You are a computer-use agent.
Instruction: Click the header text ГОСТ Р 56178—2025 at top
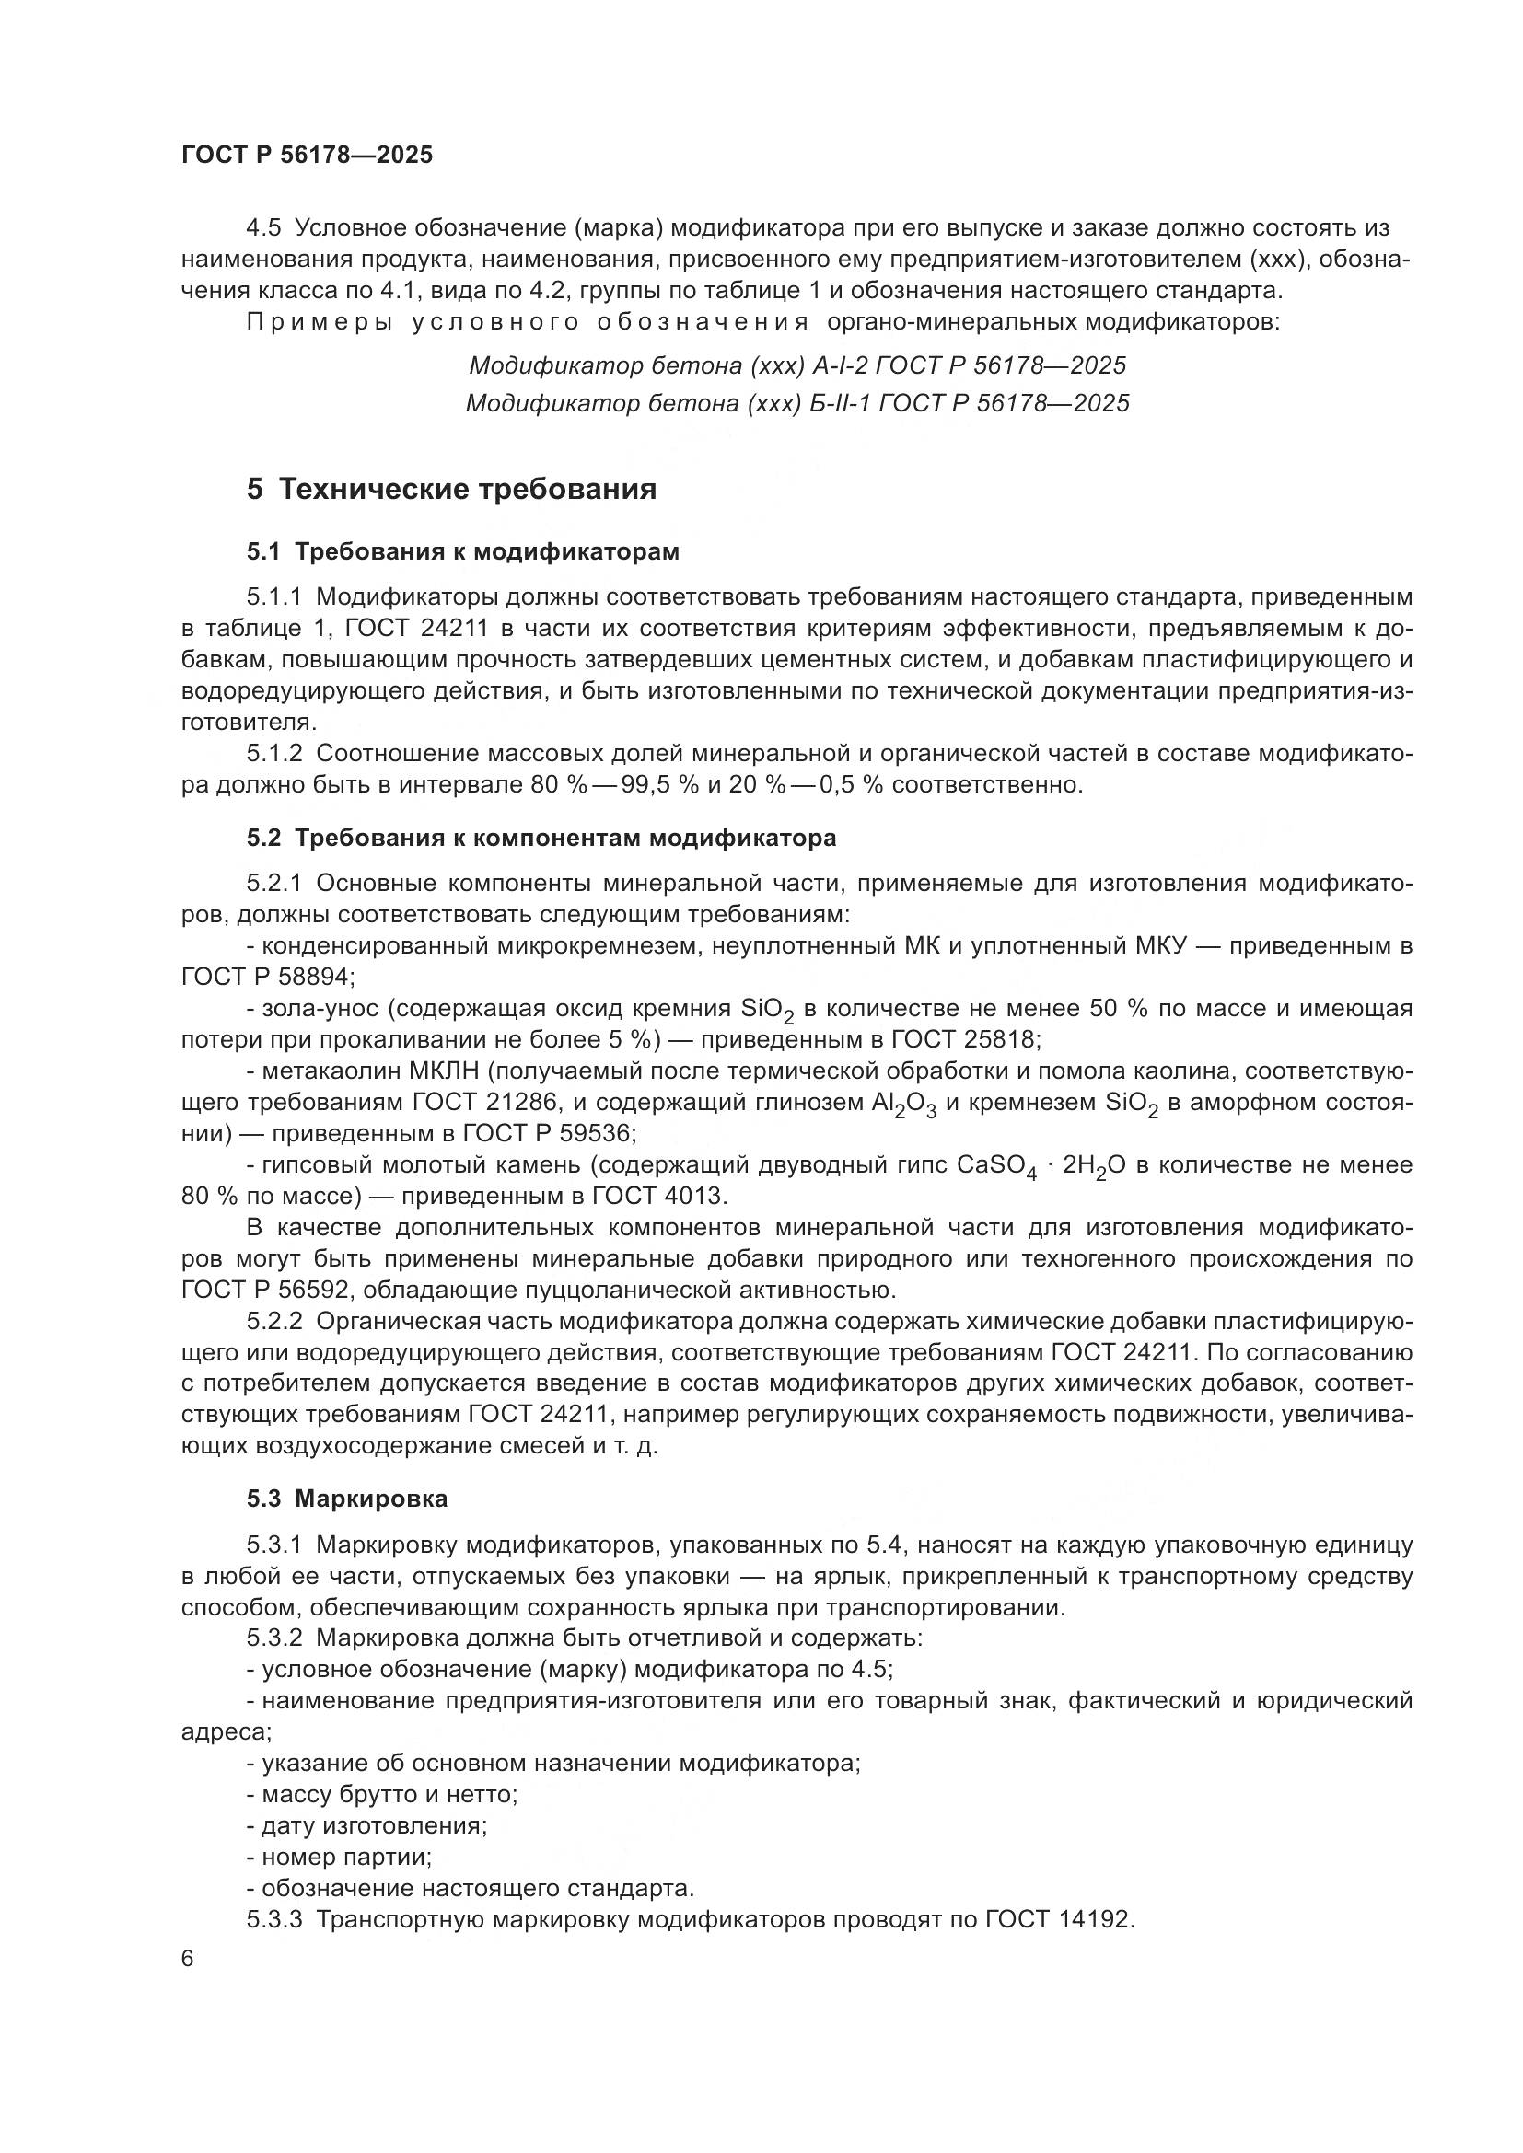coord(307,156)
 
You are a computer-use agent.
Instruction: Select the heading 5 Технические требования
coord(451,490)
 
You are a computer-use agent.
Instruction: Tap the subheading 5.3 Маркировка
coord(347,1499)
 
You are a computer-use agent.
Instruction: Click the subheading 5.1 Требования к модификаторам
coord(462,552)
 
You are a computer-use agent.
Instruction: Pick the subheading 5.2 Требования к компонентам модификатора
coord(541,838)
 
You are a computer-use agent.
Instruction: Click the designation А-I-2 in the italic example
coord(841,365)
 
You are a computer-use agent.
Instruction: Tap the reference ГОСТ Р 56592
coord(265,1291)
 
